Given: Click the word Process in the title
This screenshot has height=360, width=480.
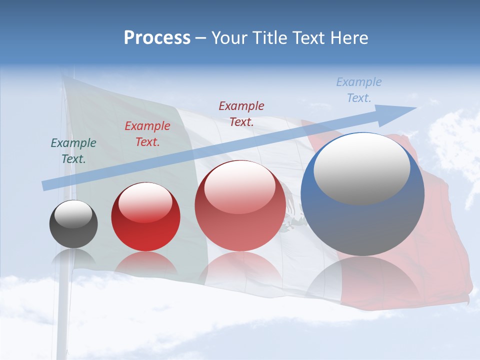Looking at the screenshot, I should point(157,38).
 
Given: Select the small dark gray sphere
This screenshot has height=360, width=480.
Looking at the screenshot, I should point(73,224).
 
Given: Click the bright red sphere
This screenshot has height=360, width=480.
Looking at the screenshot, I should point(145,220).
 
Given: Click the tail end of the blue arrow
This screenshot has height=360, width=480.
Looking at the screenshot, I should point(44,186).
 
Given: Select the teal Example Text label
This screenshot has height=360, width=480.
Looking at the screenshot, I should point(73,151).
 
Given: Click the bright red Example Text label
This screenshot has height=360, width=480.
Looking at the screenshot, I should point(147,134).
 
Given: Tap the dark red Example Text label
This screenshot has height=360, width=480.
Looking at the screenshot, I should point(241,113).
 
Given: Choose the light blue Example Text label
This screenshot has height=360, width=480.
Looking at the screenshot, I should point(359,90).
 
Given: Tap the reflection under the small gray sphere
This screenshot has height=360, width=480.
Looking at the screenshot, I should point(73,257).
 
